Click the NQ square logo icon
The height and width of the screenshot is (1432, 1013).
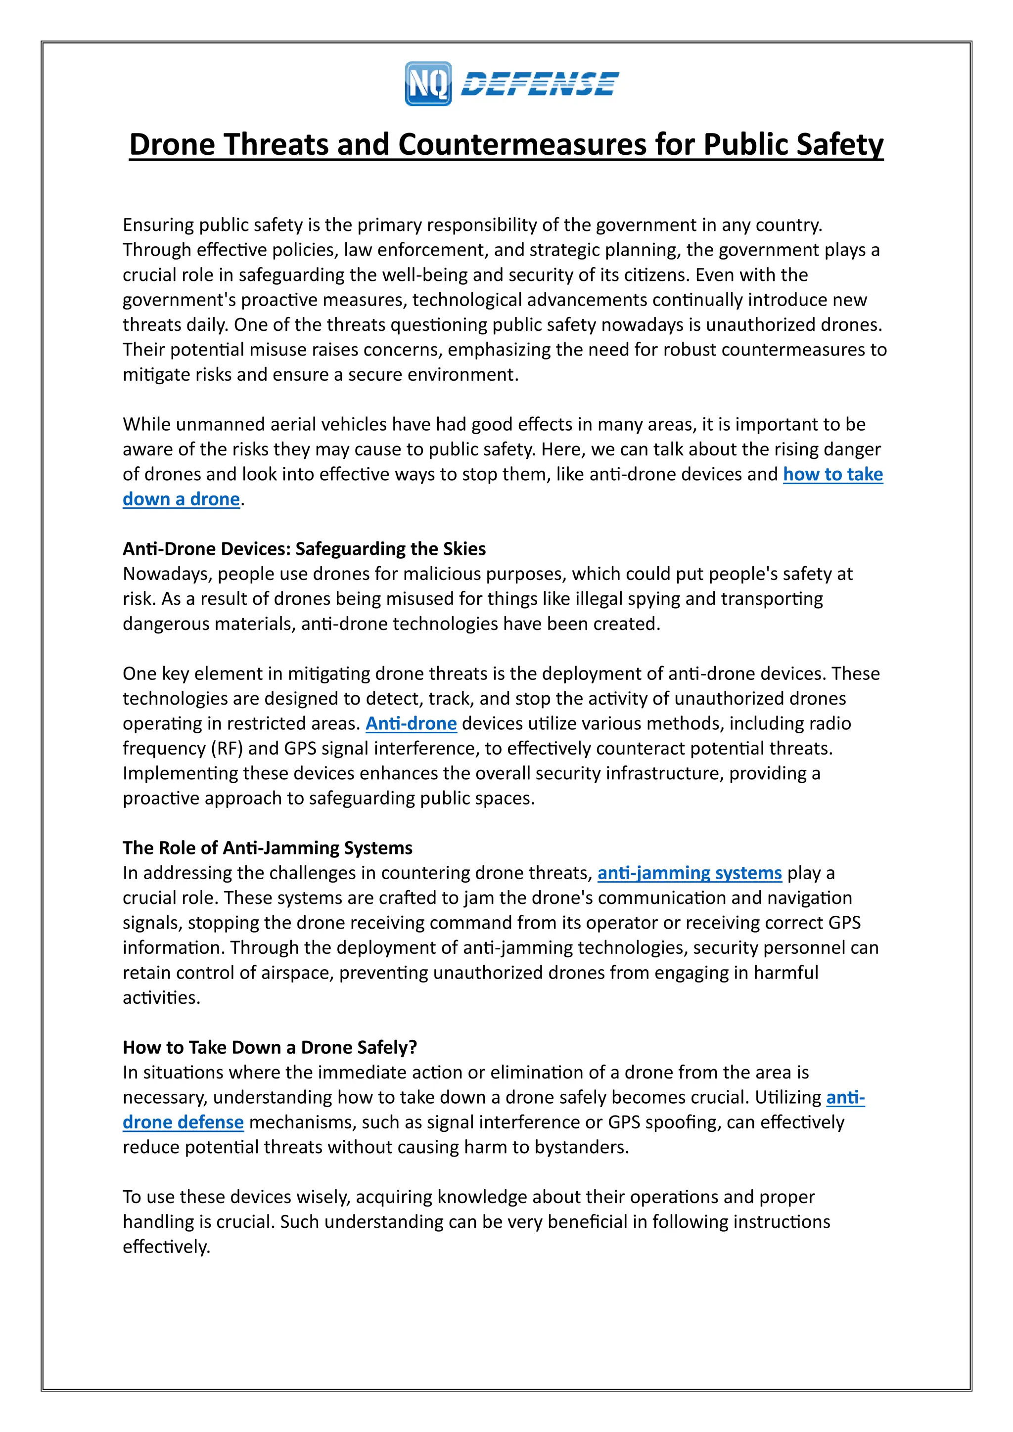pyautogui.click(x=428, y=84)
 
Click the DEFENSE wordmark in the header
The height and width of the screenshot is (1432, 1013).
pyautogui.click(x=540, y=84)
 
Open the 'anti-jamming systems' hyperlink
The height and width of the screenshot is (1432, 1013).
pyautogui.click(x=689, y=873)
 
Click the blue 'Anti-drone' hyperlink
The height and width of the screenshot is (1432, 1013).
pyautogui.click(x=411, y=723)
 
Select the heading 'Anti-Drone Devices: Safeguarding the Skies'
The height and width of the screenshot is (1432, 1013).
pyautogui.click(x=304, y=549)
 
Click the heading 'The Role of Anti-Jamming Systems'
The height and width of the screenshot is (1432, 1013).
pyautogui.click(x=267, y=848)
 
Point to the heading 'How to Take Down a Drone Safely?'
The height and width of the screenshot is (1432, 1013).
pyautogui.click(x=270, y=1047)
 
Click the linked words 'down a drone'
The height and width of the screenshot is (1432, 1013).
pyautogui.click(x=181, y=499)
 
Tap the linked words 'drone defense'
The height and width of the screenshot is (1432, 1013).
pyautogui.click(x=183, y=1122)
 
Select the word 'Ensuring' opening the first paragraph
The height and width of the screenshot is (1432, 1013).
pyautogui.click(x=158, y=224)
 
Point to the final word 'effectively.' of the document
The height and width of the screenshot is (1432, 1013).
pyautogui.click(x=166, y=1247)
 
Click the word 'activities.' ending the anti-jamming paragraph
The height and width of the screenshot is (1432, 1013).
pyautogui.click(x=161, y=997)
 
